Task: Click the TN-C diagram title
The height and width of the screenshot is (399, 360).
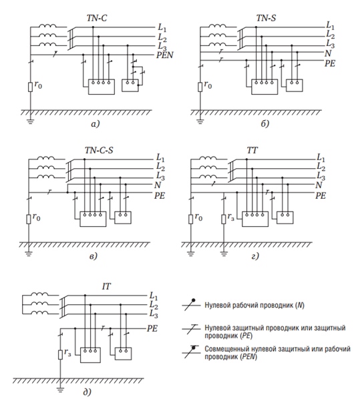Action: coord(97,18)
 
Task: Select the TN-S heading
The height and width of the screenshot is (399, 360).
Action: coord(266,18)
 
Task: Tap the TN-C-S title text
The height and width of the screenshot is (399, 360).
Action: coord(99,150)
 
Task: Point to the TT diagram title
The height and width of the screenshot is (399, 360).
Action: coord(252,150)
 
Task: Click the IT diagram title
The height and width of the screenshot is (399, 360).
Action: coord(106,286)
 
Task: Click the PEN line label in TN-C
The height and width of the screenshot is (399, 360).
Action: coord(165,55)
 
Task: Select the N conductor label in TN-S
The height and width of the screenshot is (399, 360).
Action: coord(328,53)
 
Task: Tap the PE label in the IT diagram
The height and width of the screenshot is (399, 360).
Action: coord(152,328)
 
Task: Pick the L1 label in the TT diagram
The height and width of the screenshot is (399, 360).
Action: coord(321,158)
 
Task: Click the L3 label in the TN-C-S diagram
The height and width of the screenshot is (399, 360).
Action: coord(160,176)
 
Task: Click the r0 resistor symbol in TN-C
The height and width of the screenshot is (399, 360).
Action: coord(30,87)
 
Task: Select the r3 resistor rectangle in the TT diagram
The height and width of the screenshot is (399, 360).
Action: coord(224,219)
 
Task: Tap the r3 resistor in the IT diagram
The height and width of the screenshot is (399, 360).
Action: coord(60,354)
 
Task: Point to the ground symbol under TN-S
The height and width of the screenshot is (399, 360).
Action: coord(200,121)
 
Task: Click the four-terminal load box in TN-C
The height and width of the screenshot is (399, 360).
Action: coord(102,87)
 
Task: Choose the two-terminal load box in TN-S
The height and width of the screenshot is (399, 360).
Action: coord(295,85)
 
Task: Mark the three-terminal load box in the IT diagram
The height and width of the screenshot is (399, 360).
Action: coord(90,355)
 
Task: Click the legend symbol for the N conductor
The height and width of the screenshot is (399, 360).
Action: coord(191,305)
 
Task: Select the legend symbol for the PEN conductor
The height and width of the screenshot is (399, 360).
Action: coord(191,352)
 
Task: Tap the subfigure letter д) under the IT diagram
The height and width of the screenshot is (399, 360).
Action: coord(87,392)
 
